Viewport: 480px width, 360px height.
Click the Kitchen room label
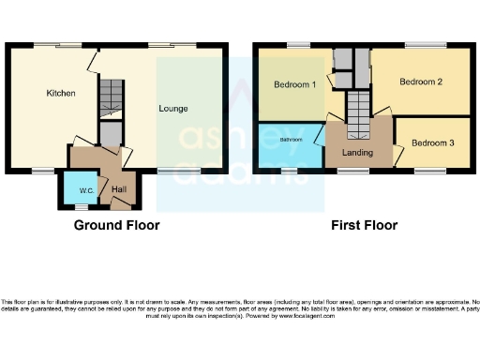pyautogui.click(x=61, y=94)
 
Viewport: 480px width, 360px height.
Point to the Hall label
pyautogui.click(x=118, y=189)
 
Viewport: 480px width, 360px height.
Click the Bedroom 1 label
pyautogui.click(x=294, y=85)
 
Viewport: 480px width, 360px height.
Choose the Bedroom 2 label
pyautogui.click(x=420, y=82)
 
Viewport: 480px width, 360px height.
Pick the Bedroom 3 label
pyautogui.click(x=431, y=142)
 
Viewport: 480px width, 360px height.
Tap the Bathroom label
pyautogui.click(x=290, y=140)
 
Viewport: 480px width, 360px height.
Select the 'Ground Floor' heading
pyautogui.click(x=118, y=225)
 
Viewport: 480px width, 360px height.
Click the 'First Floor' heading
pyautogui.click(x=364, y=225)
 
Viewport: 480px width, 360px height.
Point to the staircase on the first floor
pyautogui.click(x=359, y=110)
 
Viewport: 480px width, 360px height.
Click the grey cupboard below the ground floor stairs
pyautogui.click(x=111, y=135)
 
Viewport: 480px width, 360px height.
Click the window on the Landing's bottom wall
pyautogui.click(x=353, y=171)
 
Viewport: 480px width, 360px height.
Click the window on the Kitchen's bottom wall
pyautogui.click(x=42, y=171)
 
